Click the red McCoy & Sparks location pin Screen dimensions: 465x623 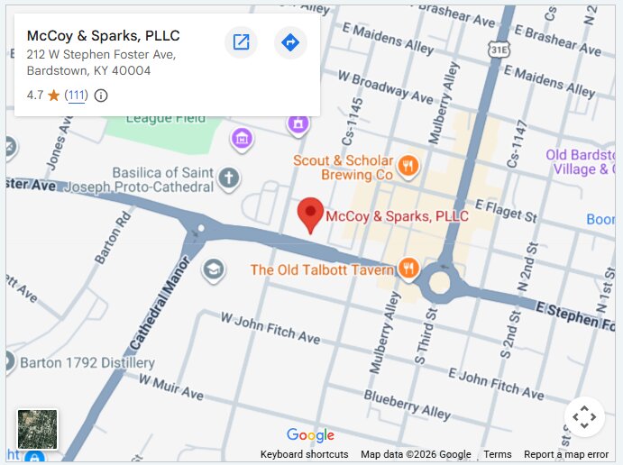point(311,213)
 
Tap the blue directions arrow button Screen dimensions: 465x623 point(290,42)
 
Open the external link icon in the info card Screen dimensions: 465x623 point(241,42)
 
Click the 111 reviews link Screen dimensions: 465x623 point(77,96)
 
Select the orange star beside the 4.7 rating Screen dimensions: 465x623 point(54,96)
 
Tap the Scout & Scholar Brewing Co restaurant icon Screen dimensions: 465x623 point(408,164)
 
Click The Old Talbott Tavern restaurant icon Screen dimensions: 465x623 point(408,268)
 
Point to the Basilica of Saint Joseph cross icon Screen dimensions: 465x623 point(229,178)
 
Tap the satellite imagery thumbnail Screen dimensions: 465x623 point(38,429)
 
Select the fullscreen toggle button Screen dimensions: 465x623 point(584,416)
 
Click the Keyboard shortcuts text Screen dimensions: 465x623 point(304,454)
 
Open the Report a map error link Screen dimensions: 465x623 point(566,454)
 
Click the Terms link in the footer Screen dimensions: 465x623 point(498,454)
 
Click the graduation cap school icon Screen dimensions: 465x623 point(214,270)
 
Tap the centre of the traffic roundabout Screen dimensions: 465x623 point(439,282)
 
